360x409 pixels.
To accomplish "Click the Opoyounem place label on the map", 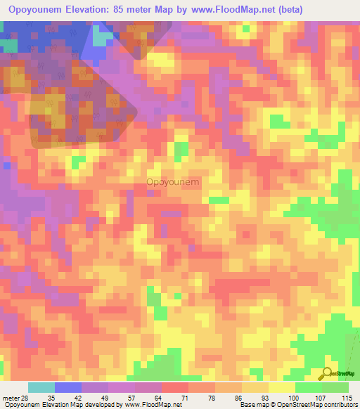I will (172, 182).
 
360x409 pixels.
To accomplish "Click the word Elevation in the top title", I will (111, 9).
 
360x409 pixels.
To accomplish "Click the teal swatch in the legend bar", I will (41, 387).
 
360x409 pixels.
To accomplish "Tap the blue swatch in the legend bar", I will (68, 387).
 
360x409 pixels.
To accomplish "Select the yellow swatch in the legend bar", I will (281, 387).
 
